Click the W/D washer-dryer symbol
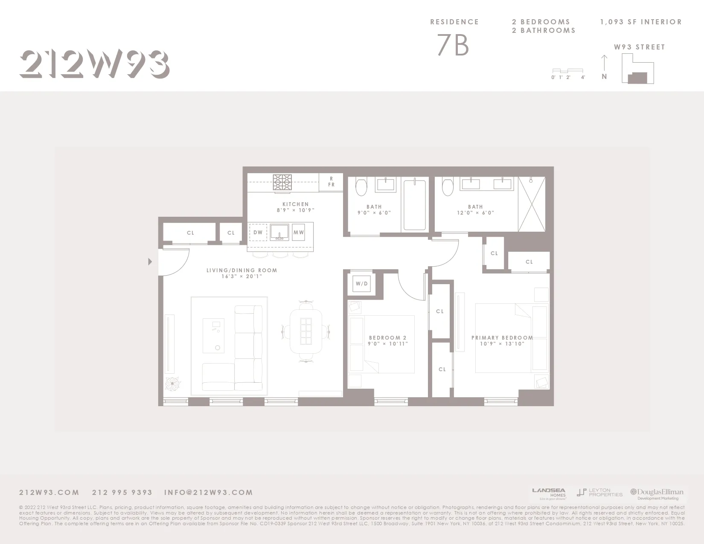[361, 284]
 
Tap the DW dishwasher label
[258, 233]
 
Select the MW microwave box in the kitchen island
[299, 233]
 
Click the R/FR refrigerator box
[331, 182]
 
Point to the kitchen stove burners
[282, 182]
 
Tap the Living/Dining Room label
[241, 273]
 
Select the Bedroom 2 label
[388, 340]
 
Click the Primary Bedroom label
[502, 340]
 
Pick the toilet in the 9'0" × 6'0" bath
[361, 186]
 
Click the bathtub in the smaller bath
[415, 205]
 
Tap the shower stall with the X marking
[532, 204]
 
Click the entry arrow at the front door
[150, 262]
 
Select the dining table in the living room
[306, 331]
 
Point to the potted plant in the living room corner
[173, 384]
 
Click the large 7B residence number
[453, 45]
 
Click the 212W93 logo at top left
[94, 64]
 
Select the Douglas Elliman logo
[657, 494]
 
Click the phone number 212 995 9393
[122, 492]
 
